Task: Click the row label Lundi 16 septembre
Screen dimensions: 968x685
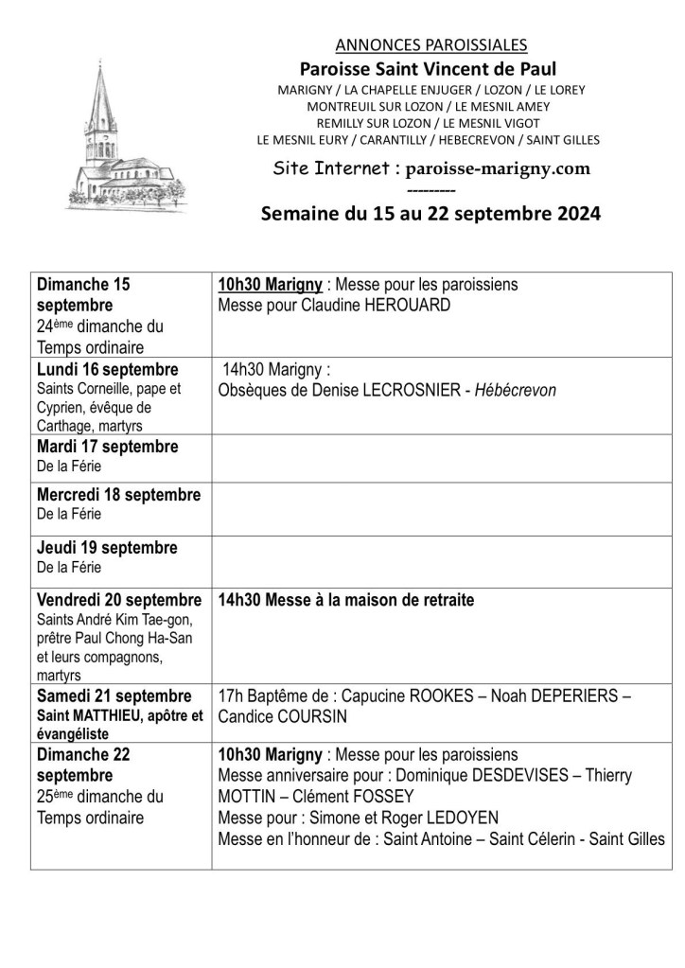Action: tap(109, 369)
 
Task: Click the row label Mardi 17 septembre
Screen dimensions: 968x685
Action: tap(107, 446)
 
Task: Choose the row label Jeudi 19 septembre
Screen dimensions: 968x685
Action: tap(107, 548)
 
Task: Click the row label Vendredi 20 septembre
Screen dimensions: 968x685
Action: tap(119, 600)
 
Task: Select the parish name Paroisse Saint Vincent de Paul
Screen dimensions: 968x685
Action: tap(428, 68)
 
